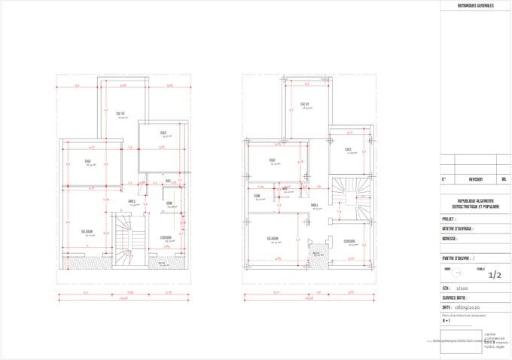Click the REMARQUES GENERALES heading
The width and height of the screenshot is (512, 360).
(x=476, y=6)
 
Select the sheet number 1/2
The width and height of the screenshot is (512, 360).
(x=495, y=276)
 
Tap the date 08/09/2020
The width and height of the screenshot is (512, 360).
(x=465, y=308)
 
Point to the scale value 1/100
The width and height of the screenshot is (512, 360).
(x=462, y=288)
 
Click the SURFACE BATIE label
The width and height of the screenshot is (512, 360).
(x=458, y=297)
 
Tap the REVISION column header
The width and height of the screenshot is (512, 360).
(x=475, y=180)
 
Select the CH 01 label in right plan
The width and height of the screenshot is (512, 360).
(x=305, y=103)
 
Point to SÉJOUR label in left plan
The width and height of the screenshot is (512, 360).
(x=88, y=231)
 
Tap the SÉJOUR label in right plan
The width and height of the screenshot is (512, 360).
(x=273, y=239)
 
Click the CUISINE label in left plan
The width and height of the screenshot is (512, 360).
(x=166, y=238)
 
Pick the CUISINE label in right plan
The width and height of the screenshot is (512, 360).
(x=349, y=241)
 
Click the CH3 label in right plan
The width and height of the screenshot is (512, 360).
(x=348, y=149)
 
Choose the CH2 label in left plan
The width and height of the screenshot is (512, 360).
(x=87, y=161)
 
